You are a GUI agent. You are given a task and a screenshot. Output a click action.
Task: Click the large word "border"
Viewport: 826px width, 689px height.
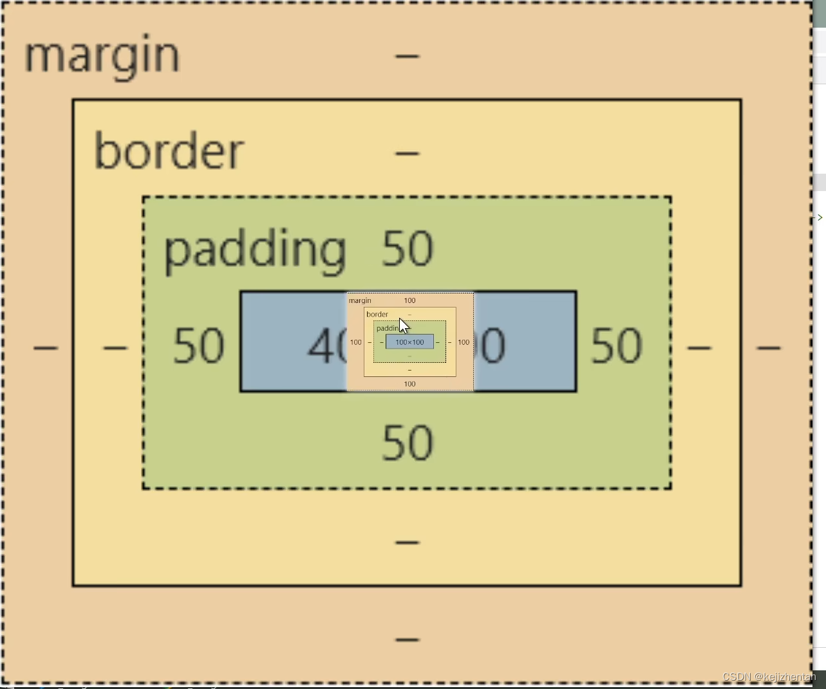(169, 152)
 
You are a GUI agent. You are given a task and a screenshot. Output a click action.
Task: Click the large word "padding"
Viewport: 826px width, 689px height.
(255, 250)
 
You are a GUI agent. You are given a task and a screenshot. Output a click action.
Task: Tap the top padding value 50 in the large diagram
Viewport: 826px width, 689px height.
(408, 249)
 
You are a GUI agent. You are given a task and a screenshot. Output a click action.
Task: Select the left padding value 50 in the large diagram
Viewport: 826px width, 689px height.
(199, 346)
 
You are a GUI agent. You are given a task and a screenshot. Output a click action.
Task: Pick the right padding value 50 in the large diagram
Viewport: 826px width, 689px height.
(616, 346)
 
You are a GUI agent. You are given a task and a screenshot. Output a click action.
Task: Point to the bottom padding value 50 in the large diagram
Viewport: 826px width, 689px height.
(408, 443)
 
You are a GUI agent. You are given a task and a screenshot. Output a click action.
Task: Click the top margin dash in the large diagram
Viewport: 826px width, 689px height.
(408, 57)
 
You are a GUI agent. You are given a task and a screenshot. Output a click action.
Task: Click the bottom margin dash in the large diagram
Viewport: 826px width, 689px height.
(408, 639)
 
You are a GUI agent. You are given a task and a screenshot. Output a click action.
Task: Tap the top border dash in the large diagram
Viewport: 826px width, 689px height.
(408, 153)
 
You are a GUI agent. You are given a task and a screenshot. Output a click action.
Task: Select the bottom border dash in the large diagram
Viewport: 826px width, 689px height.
(408, 542)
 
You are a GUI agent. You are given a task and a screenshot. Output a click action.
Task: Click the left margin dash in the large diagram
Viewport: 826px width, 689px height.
(46, 348)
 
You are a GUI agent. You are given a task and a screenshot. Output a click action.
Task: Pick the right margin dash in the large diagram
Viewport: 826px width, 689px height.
(769, 348)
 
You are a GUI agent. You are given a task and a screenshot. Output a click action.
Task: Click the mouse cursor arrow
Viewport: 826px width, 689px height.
(403, 326)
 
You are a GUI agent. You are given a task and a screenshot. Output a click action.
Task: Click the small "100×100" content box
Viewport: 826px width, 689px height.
(409, 342)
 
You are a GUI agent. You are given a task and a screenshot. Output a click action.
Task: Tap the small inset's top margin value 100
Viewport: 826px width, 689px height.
(409, 300)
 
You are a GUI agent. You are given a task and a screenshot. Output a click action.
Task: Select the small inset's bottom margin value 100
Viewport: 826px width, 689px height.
(409, 384)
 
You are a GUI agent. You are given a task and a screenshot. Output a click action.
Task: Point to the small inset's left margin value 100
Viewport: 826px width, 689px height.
(356, 342)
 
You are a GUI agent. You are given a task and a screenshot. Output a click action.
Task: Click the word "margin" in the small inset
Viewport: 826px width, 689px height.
(360, 300)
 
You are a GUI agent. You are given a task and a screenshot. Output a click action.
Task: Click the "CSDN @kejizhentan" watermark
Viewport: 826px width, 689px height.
(769, 677)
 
